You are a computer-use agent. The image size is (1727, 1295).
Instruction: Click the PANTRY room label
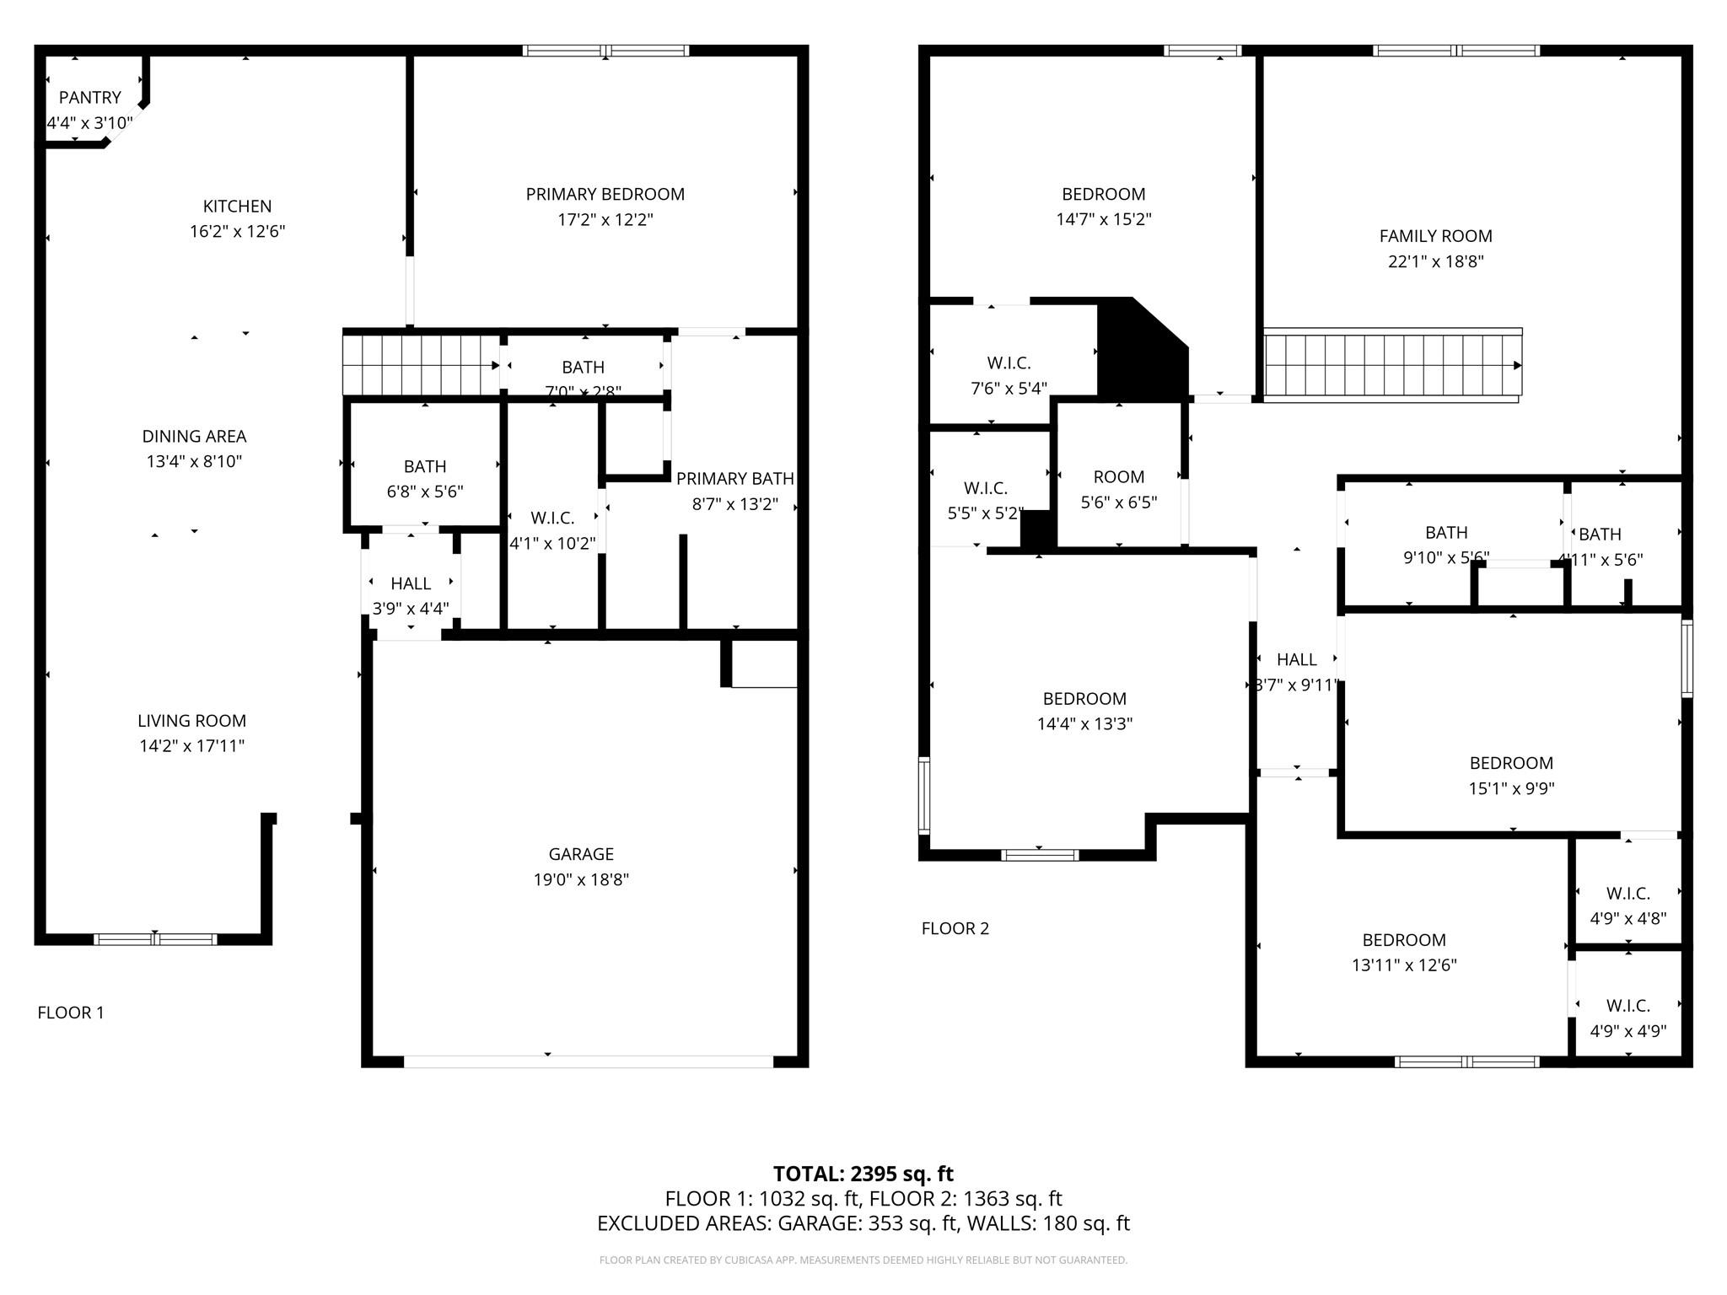coord(89,98)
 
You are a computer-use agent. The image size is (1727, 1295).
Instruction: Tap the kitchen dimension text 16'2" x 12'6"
coord(237,232)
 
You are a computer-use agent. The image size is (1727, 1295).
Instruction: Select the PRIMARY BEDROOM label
coord(605,195)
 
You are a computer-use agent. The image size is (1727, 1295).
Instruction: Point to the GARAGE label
coord(580,854)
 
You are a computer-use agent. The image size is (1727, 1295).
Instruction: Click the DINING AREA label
coord(194,437)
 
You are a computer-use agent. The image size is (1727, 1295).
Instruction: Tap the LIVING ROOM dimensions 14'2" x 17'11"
coord(191,746)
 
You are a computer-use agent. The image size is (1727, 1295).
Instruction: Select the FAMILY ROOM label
coord(1435,237)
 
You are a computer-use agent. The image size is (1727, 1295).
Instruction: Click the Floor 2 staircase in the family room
coord(1391,366)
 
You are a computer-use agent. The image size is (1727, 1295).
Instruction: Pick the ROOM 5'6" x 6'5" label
coord(1118,477)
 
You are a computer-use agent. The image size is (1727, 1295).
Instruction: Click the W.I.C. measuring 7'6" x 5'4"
coord(1009,375)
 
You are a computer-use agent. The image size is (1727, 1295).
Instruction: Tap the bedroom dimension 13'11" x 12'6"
coord(1403,965)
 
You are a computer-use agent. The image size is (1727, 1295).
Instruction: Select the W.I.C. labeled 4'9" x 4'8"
coord(1627,905)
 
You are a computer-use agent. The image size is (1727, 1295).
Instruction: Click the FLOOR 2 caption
coord(955,928)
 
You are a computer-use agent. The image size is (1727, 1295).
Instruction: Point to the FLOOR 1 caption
coord(71,1013)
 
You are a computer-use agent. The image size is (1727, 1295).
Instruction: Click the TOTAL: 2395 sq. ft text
coord(863,1174)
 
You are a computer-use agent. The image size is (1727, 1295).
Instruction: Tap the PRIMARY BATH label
coord(734,479)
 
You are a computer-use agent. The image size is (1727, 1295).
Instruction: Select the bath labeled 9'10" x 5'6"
coord(1445,545)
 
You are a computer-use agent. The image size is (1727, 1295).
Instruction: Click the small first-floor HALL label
coord(411,583)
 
